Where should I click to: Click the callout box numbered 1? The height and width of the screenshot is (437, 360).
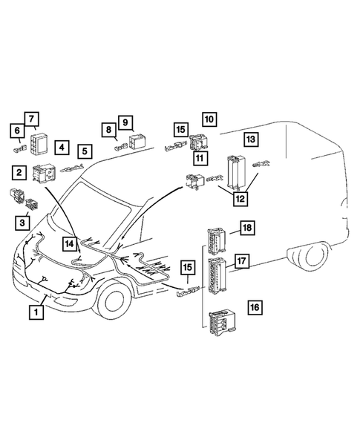(36, 312)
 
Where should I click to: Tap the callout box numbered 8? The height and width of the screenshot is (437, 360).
(108, 130)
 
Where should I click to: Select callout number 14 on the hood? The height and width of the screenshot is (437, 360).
(70, 243)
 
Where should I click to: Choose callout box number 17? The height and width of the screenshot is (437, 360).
(241, 260)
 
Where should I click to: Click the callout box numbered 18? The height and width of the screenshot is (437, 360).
(245, 228)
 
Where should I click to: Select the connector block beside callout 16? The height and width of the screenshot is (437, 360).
(221, 321)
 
